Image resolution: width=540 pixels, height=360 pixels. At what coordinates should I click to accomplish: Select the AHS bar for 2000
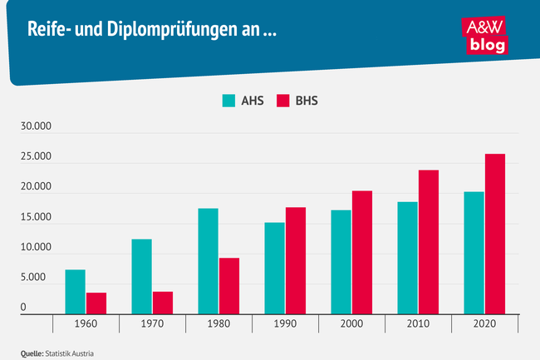pos(341,262)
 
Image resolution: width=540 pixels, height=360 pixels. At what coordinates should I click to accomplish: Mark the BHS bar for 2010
pos(429,242)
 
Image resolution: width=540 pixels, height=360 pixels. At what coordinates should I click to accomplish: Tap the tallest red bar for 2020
pos(495,234)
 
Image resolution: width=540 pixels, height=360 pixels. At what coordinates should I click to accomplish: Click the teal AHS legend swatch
pos(229,101)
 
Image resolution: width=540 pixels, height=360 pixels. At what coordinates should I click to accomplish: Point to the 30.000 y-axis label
pos(36,127)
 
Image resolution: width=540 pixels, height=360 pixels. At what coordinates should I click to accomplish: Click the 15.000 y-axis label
pos(36,218)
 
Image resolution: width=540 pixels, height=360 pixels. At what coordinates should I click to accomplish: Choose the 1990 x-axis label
pos(285,324)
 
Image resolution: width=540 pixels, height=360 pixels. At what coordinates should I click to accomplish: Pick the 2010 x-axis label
pos(418,324)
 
